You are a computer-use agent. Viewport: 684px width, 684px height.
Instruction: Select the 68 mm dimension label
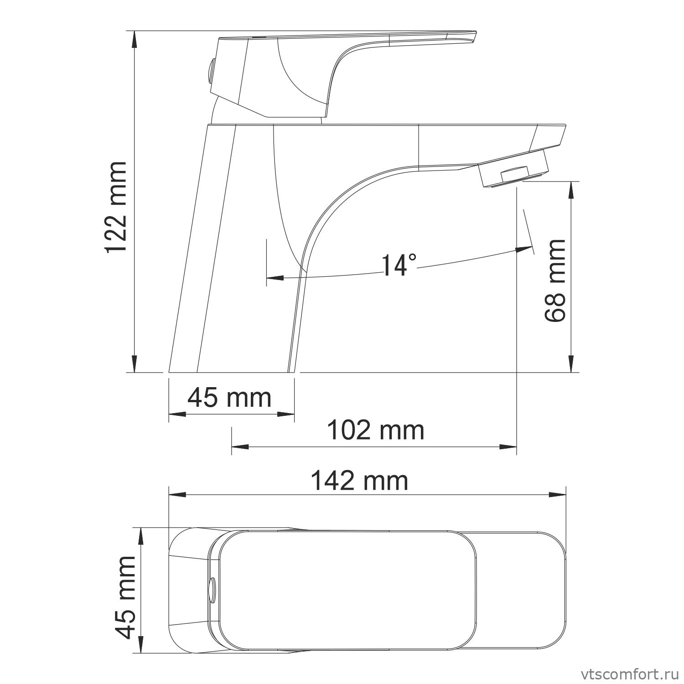[x=555, y=280]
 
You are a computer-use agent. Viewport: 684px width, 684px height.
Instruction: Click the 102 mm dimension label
[x=376, y=430]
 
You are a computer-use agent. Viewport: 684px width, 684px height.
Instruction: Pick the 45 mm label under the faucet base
[x=229, y=398]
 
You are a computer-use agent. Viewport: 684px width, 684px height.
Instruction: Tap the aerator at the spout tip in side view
[x=513, y=172]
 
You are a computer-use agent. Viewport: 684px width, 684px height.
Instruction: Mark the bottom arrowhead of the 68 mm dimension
[x=572, y=365]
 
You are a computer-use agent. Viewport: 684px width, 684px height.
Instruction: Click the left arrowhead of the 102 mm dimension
[x=239, y=446]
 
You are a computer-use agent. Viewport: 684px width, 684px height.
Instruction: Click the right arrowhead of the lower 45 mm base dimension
[x=286, y=414]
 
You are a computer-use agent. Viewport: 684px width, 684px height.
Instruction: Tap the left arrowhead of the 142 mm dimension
[x=177, y=494]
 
